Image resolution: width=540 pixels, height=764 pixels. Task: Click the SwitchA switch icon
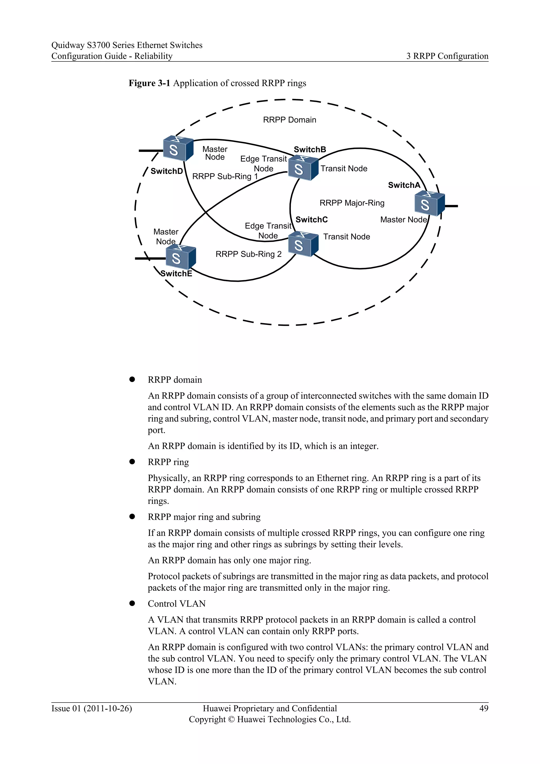click(x=429, y=204)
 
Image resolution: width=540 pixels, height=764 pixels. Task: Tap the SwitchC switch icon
click(x=303, y=244)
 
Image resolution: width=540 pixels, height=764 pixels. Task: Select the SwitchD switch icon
click(x=178, y=149)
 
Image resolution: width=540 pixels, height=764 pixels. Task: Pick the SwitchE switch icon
click(x=181, y=257)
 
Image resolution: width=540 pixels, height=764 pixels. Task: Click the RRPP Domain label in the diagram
click(x=289, y=120)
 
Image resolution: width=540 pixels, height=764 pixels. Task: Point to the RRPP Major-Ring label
click(x=352, y=203)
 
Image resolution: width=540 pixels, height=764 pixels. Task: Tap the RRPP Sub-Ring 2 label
click(x=248, y=254)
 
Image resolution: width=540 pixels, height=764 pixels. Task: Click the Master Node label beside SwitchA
click(x=403, y=219)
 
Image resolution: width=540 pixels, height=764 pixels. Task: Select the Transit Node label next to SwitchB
click(x=344, y=169)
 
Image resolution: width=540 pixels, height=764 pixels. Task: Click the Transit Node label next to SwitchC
click(x=346, y=237)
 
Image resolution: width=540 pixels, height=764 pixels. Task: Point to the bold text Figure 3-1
click(x=149, y=83)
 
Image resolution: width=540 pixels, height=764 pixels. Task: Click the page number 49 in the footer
click(x=484, y=708)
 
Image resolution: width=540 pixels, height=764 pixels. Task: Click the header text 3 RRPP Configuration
click(x=447, y=56)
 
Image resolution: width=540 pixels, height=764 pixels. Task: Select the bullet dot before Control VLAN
click(x=132, y=604)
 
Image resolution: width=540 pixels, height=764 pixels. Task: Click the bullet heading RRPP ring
click(x=168, y=462)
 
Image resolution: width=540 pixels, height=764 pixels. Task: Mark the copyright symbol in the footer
click(x=232, y=719)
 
